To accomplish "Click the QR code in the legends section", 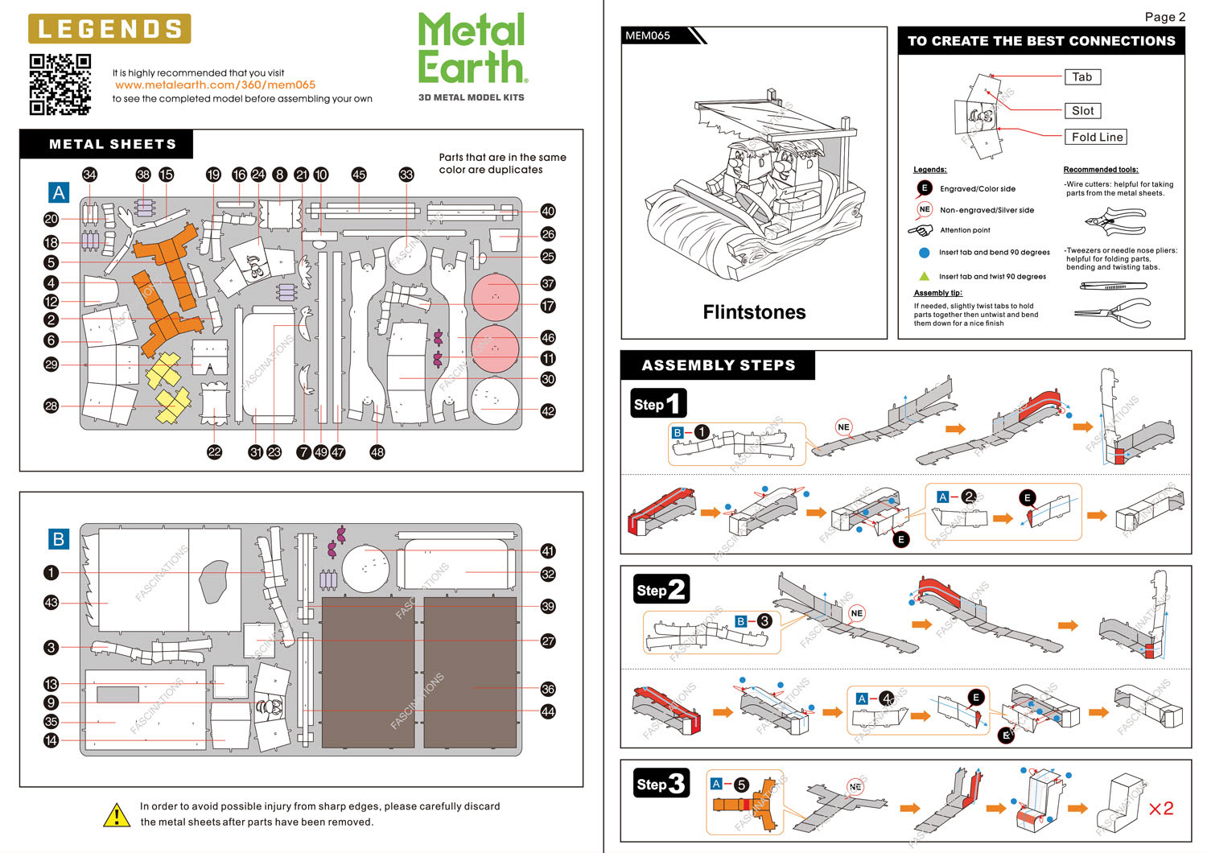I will tap(60, 84).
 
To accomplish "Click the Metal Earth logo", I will tap(472, 50).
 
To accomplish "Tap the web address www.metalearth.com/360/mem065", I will tap(215, 84).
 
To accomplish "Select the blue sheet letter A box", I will tap(59, 193).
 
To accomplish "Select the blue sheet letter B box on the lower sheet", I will tap(59, 539).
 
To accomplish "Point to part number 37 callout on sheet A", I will tap(548, 283).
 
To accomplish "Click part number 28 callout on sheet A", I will tap(51, 406).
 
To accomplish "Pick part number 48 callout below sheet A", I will tap(377, 452).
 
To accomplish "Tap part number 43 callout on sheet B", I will tap(51, 603).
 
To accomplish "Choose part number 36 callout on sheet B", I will tap(548, 689).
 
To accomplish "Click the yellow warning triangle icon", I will tap(117, 814).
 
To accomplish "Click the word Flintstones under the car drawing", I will tap(754, 312).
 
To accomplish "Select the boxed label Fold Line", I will tap(1097, 137).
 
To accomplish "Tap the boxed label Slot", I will tap(1082, 111).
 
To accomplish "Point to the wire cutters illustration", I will tap(1114, 221).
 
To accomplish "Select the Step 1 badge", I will tap(658, 404).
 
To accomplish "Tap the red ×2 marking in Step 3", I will tap(1160, 808).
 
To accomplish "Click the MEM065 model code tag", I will tap(649, 35).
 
